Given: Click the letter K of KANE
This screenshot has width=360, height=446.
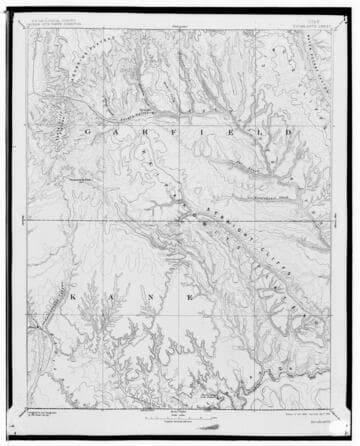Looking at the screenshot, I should [x=75, y=298].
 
